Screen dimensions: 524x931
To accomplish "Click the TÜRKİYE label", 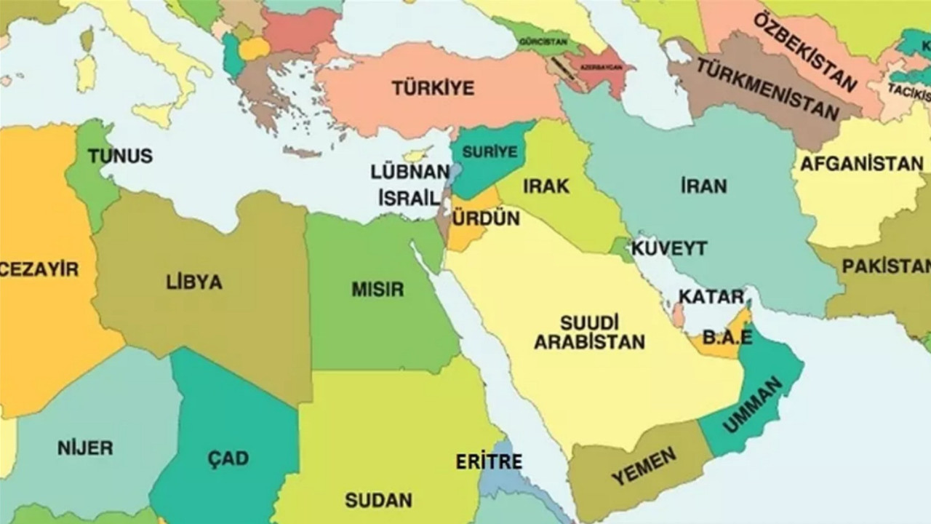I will point(433,88).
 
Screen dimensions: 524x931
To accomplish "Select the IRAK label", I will point(546,186).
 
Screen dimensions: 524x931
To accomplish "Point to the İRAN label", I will point(703,186).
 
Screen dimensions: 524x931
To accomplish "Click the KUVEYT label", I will point(668,248).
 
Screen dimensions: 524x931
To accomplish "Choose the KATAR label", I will point(711,297).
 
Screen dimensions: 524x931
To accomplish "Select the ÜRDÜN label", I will point(486,218).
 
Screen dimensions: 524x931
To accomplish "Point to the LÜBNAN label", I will point(410,172).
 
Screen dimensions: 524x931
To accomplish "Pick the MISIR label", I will point(377,289).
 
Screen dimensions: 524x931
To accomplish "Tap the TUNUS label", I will point(120,156).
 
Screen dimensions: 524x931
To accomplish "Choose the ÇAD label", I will point(228,458).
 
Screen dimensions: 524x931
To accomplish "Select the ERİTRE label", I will point(489,461).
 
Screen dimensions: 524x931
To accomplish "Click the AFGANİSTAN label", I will point(861,164).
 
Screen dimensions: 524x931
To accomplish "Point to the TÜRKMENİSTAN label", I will point(767,89).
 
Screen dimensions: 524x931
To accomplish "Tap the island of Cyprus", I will point(416,155).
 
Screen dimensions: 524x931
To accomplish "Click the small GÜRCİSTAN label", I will point(543,42).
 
